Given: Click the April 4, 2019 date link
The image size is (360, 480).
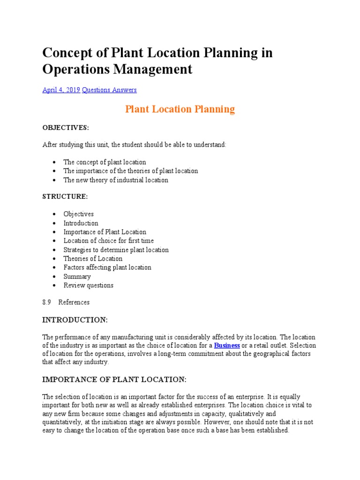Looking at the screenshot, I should pos(61,90).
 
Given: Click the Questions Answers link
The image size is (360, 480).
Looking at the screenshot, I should pos(109,90).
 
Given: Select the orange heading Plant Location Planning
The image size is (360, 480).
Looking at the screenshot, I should pos(180,109).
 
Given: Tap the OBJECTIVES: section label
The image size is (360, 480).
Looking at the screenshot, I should pos(66,127).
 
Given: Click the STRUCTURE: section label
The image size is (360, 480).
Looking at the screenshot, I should pos(65,196).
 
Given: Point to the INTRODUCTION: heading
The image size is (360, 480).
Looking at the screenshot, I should pos(75,320).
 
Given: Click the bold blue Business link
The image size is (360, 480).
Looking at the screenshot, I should pos(227,345).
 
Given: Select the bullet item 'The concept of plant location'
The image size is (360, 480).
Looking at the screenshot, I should pos(105,162).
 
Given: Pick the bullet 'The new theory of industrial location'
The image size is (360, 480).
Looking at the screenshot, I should pos(116,180).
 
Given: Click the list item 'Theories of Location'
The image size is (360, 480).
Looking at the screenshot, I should pos(93,259).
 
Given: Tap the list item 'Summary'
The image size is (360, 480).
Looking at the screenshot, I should pos(77,277).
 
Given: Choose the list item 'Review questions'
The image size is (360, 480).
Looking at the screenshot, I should pos(88,285).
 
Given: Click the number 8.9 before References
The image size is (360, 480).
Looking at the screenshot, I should pos(46,302).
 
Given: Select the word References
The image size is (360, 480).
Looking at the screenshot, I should pos(74,302).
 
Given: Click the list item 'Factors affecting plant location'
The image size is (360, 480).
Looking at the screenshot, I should pos(107,268).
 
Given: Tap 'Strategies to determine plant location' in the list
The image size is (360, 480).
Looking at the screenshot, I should pos(116,250).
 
